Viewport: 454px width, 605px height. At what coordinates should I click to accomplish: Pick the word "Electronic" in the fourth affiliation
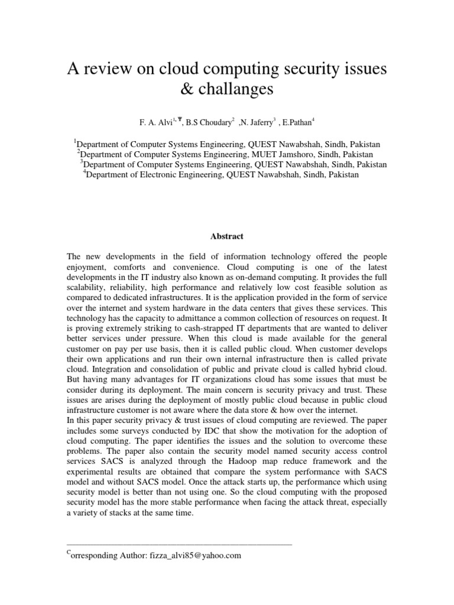176,175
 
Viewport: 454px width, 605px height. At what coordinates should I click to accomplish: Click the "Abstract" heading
227,236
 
